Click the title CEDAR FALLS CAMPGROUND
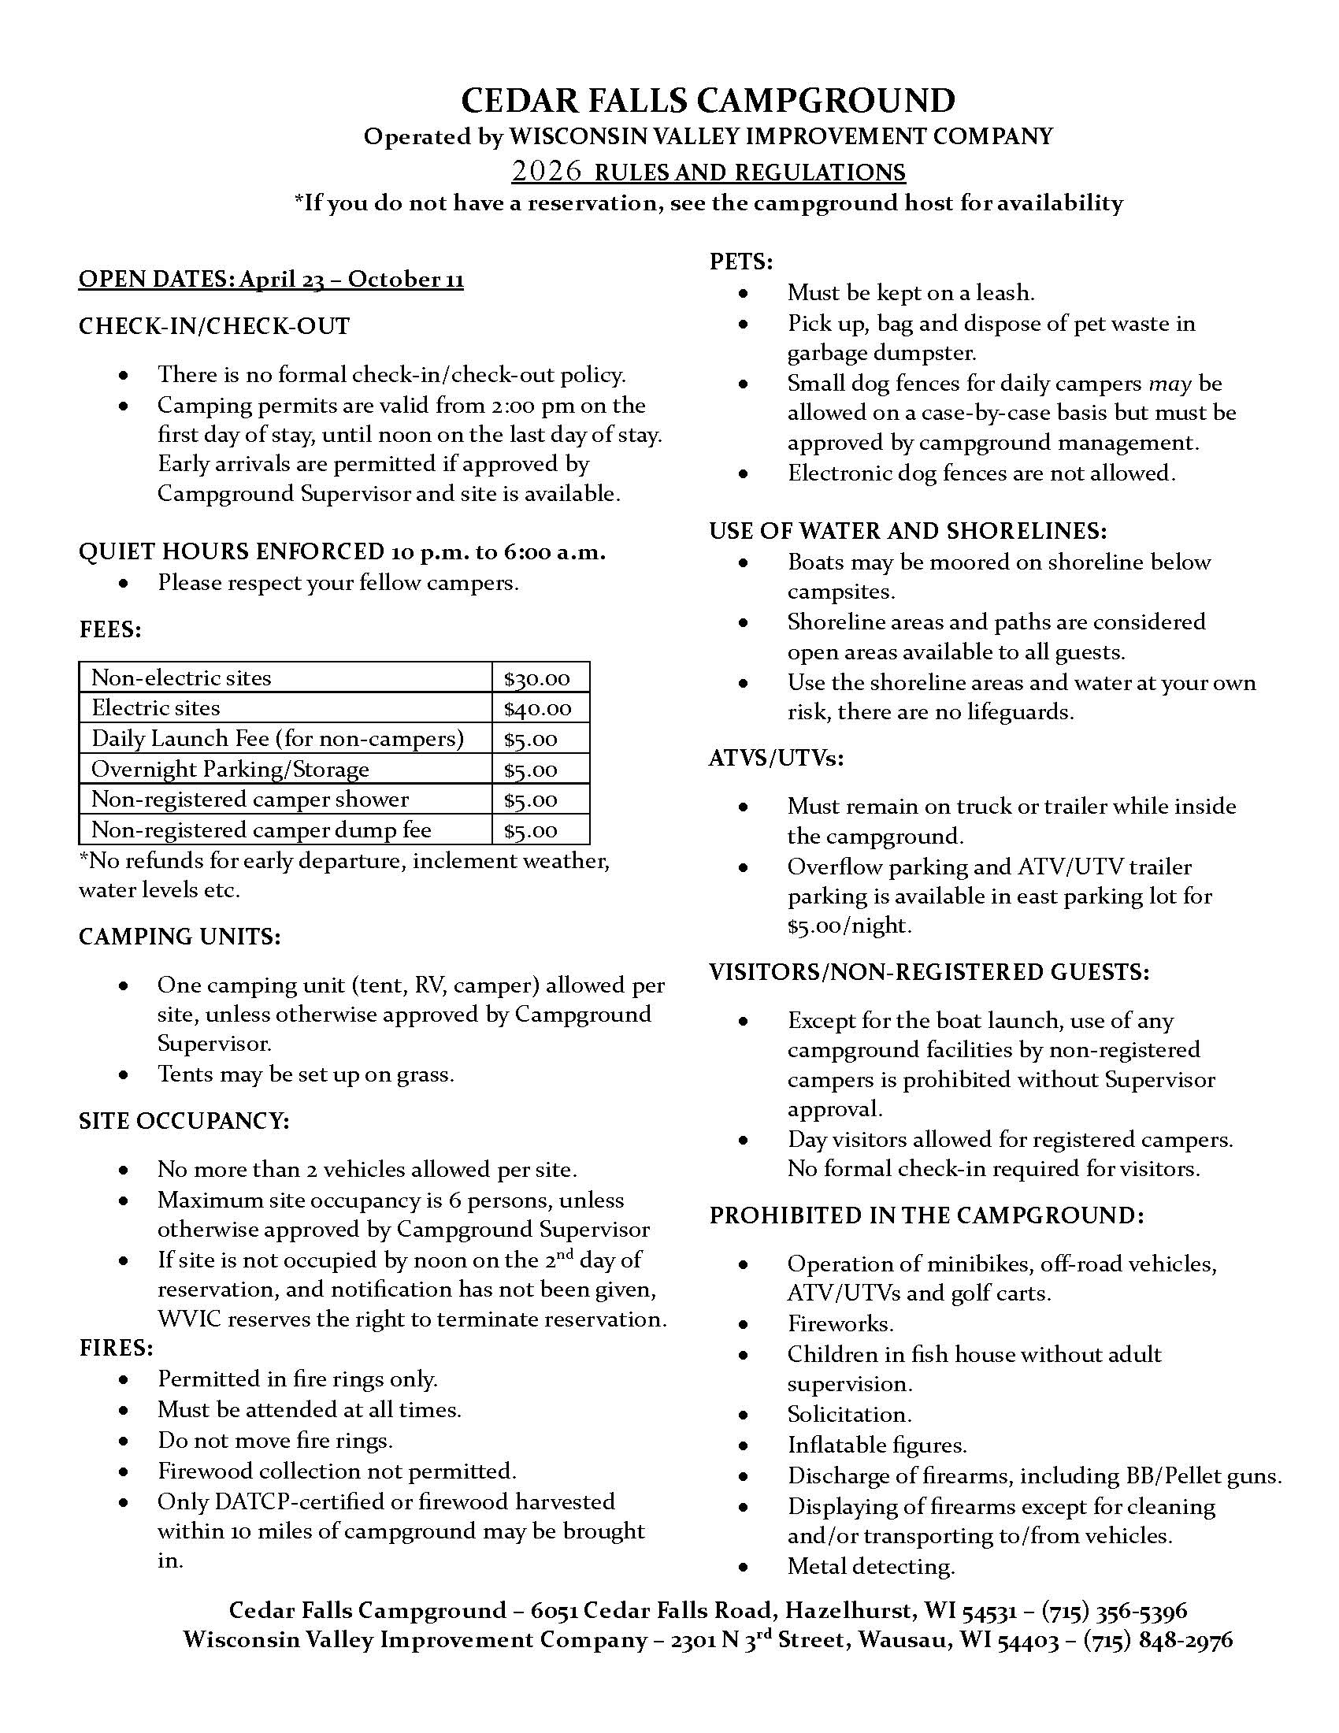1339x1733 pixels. (707, 101)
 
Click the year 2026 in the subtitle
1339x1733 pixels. (547, 172)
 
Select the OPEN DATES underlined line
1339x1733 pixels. (270, 280)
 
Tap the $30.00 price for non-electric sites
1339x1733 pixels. (537, 678)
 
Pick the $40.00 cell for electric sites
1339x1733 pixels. (537, 709)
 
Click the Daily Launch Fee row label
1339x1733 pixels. (276, 739)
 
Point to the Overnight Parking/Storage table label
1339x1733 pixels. (230, 769)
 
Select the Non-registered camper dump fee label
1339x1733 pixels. (261, 830)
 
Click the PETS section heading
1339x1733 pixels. (741, 262)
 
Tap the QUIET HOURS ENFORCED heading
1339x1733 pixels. (231, 551)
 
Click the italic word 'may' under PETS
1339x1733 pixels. (1170, 384)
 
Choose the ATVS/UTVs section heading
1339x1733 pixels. (776, 759)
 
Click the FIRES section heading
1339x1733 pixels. (116, 1348)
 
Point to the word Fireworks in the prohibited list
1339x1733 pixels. (840, 1323)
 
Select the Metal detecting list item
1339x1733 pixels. (871, 1566)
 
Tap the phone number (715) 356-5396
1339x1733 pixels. (1114, 1610)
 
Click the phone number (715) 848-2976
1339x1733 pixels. (1157, 1640)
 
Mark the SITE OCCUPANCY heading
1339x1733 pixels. (184, 1120)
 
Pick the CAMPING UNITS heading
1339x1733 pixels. (180, 937)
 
